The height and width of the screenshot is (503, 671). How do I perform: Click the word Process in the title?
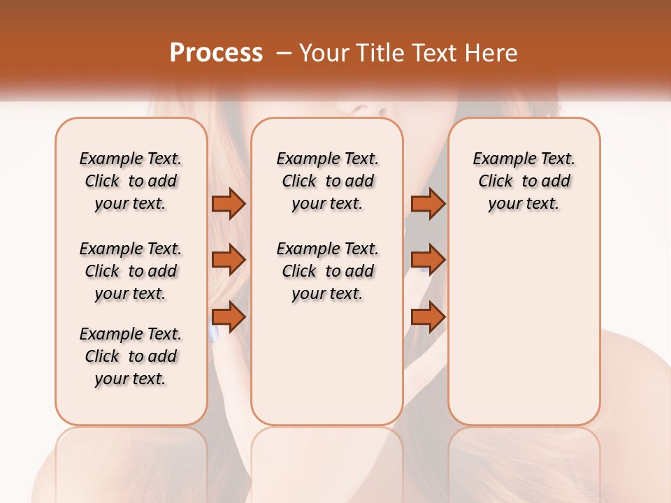(216, 52)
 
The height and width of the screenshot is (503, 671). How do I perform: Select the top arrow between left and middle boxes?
(228, 203)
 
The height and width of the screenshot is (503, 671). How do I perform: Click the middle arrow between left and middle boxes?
(228, 260)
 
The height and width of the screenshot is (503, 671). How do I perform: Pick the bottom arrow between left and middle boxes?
(228, 317)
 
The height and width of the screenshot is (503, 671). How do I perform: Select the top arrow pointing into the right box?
(428, 203)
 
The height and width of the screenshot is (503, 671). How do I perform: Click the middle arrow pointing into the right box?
(428, 260)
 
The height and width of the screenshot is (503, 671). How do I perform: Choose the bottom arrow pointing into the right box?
(428, 317)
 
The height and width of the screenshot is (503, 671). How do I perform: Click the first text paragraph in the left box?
(131, 181)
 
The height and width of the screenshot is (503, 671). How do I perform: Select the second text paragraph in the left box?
(131, 271)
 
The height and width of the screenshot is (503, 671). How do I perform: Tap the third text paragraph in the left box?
(131, 356)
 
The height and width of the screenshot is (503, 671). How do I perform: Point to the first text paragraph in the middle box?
(328, 181)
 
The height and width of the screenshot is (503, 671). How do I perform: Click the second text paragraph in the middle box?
(328, 271)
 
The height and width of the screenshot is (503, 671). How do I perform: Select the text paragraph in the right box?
(524, 181)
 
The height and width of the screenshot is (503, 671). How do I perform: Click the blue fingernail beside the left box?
(214, 335)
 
